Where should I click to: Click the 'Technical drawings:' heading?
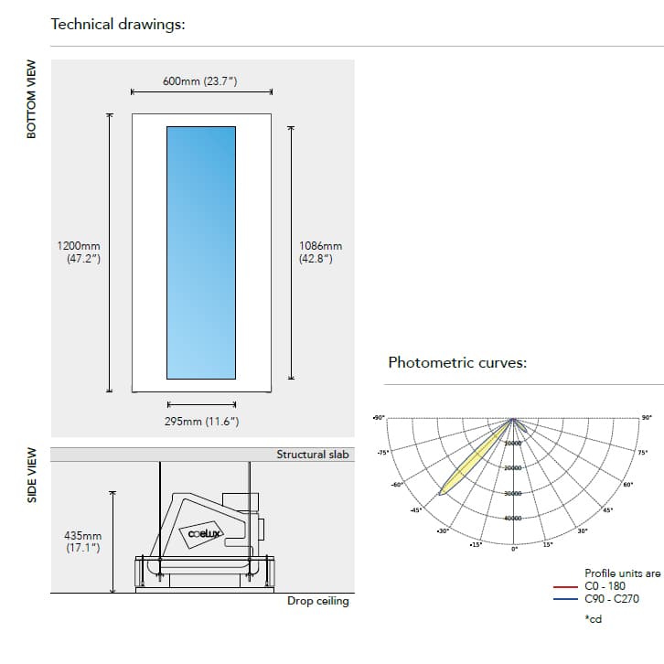(x=118, y=24)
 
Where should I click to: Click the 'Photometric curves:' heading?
(x=457, y=362)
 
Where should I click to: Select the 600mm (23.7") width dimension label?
(x=200, y=81)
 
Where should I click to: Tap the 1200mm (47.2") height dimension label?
(x=79, y=252)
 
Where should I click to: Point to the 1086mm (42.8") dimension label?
(x=320, y=252)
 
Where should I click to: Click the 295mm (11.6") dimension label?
(x=201, y=421)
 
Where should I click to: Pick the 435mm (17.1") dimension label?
(x=83, y=541)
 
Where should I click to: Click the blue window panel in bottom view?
(x=201, y=252)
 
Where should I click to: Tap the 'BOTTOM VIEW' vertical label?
(x=31, y=100)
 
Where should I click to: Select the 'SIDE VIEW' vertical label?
(x=31, y=475)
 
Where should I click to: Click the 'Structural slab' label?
(x=313, y=455)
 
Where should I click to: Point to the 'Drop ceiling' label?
(x=317, y=601)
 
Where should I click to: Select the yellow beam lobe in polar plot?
(x=474, y=461)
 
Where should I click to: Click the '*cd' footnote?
(x=593, y=619)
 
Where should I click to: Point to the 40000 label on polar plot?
(x=513, y=519)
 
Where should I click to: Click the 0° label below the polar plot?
(x=514, y=549)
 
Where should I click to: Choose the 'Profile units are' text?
(x=622, y=573)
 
